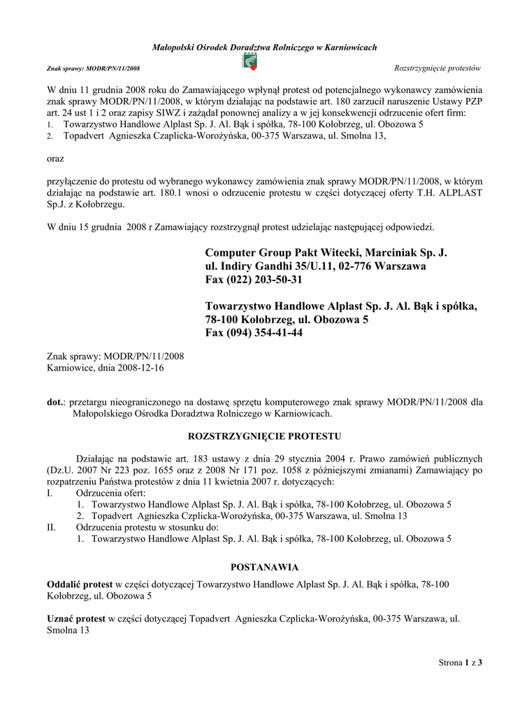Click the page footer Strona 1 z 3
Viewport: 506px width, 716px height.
tap(461, 661)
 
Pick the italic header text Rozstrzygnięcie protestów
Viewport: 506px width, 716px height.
tap(439, 68)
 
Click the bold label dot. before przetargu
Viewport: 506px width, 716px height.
tap(56, 402)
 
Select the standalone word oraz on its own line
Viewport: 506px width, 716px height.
tap(55, 159)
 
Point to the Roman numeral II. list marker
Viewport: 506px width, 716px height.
tap(51, 527)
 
